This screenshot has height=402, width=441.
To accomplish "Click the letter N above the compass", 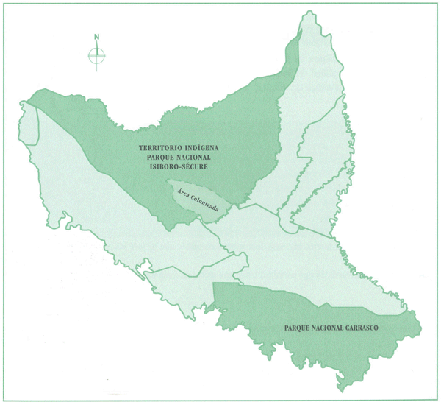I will pos(97,37).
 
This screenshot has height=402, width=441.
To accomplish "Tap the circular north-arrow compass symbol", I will pos(97,54).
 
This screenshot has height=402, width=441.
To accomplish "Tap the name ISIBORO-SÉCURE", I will pos(178,167).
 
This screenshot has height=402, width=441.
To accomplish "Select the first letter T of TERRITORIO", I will pos(142,148).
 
